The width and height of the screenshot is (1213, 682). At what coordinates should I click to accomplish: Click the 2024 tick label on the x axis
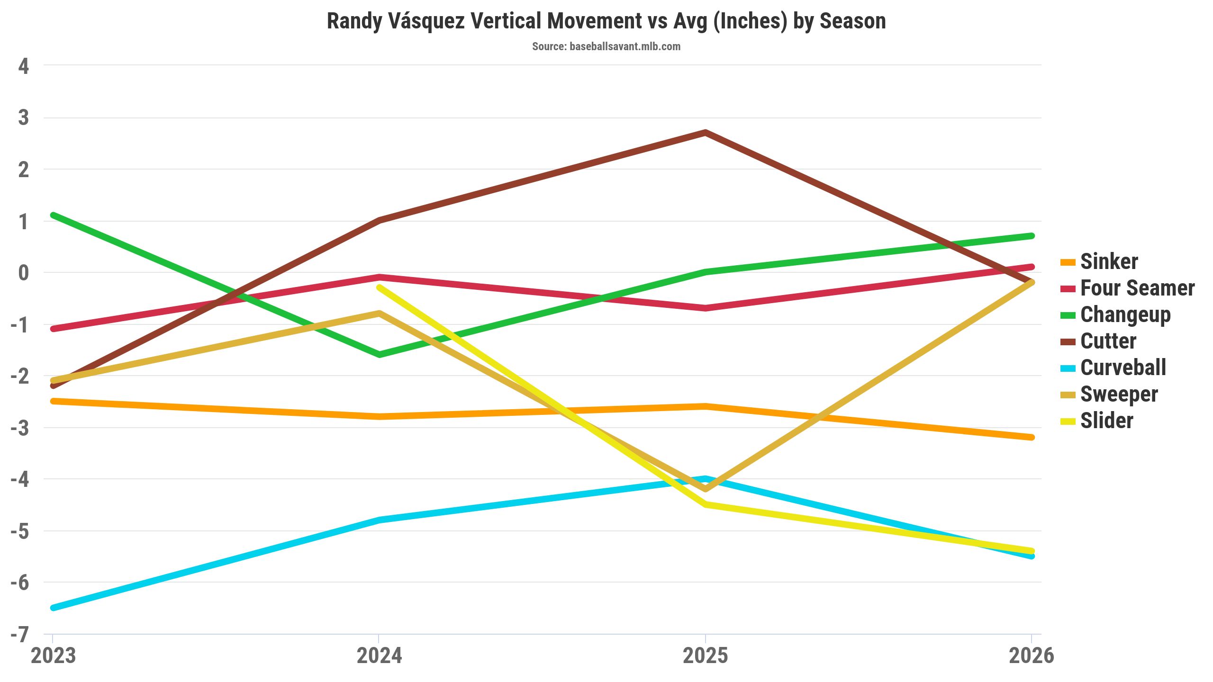pyautogui.click(x=379, y=656)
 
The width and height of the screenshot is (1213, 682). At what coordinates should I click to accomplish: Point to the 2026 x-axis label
pyautogui.click(x=1032, y=656)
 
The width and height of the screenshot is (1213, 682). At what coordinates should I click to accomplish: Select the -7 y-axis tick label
pyautogui.click(x=20, y=635)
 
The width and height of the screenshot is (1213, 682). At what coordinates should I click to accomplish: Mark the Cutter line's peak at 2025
pyautogui.click(x=706, y=132)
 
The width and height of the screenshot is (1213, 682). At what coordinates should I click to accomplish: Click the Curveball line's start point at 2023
pyautogui.click(x=53, y=608)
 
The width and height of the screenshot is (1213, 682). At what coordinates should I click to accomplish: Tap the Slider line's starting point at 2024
pyautogui.click(x=379, y=287)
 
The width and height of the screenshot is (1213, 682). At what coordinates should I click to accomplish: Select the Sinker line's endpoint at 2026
pyautogui.click(x=1032, y=437)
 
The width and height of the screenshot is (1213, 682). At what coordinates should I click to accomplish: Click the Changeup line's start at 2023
pyautogui.click(x=53, y=215)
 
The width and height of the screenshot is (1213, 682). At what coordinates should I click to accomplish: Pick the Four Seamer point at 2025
pyautogui.click(x=706, y=308)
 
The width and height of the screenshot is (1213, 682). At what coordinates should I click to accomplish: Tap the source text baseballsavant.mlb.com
pyautogui.click(x=625, y=46)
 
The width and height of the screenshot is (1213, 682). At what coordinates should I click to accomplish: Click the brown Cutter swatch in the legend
pyautogui.click(x=1068, y=341)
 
